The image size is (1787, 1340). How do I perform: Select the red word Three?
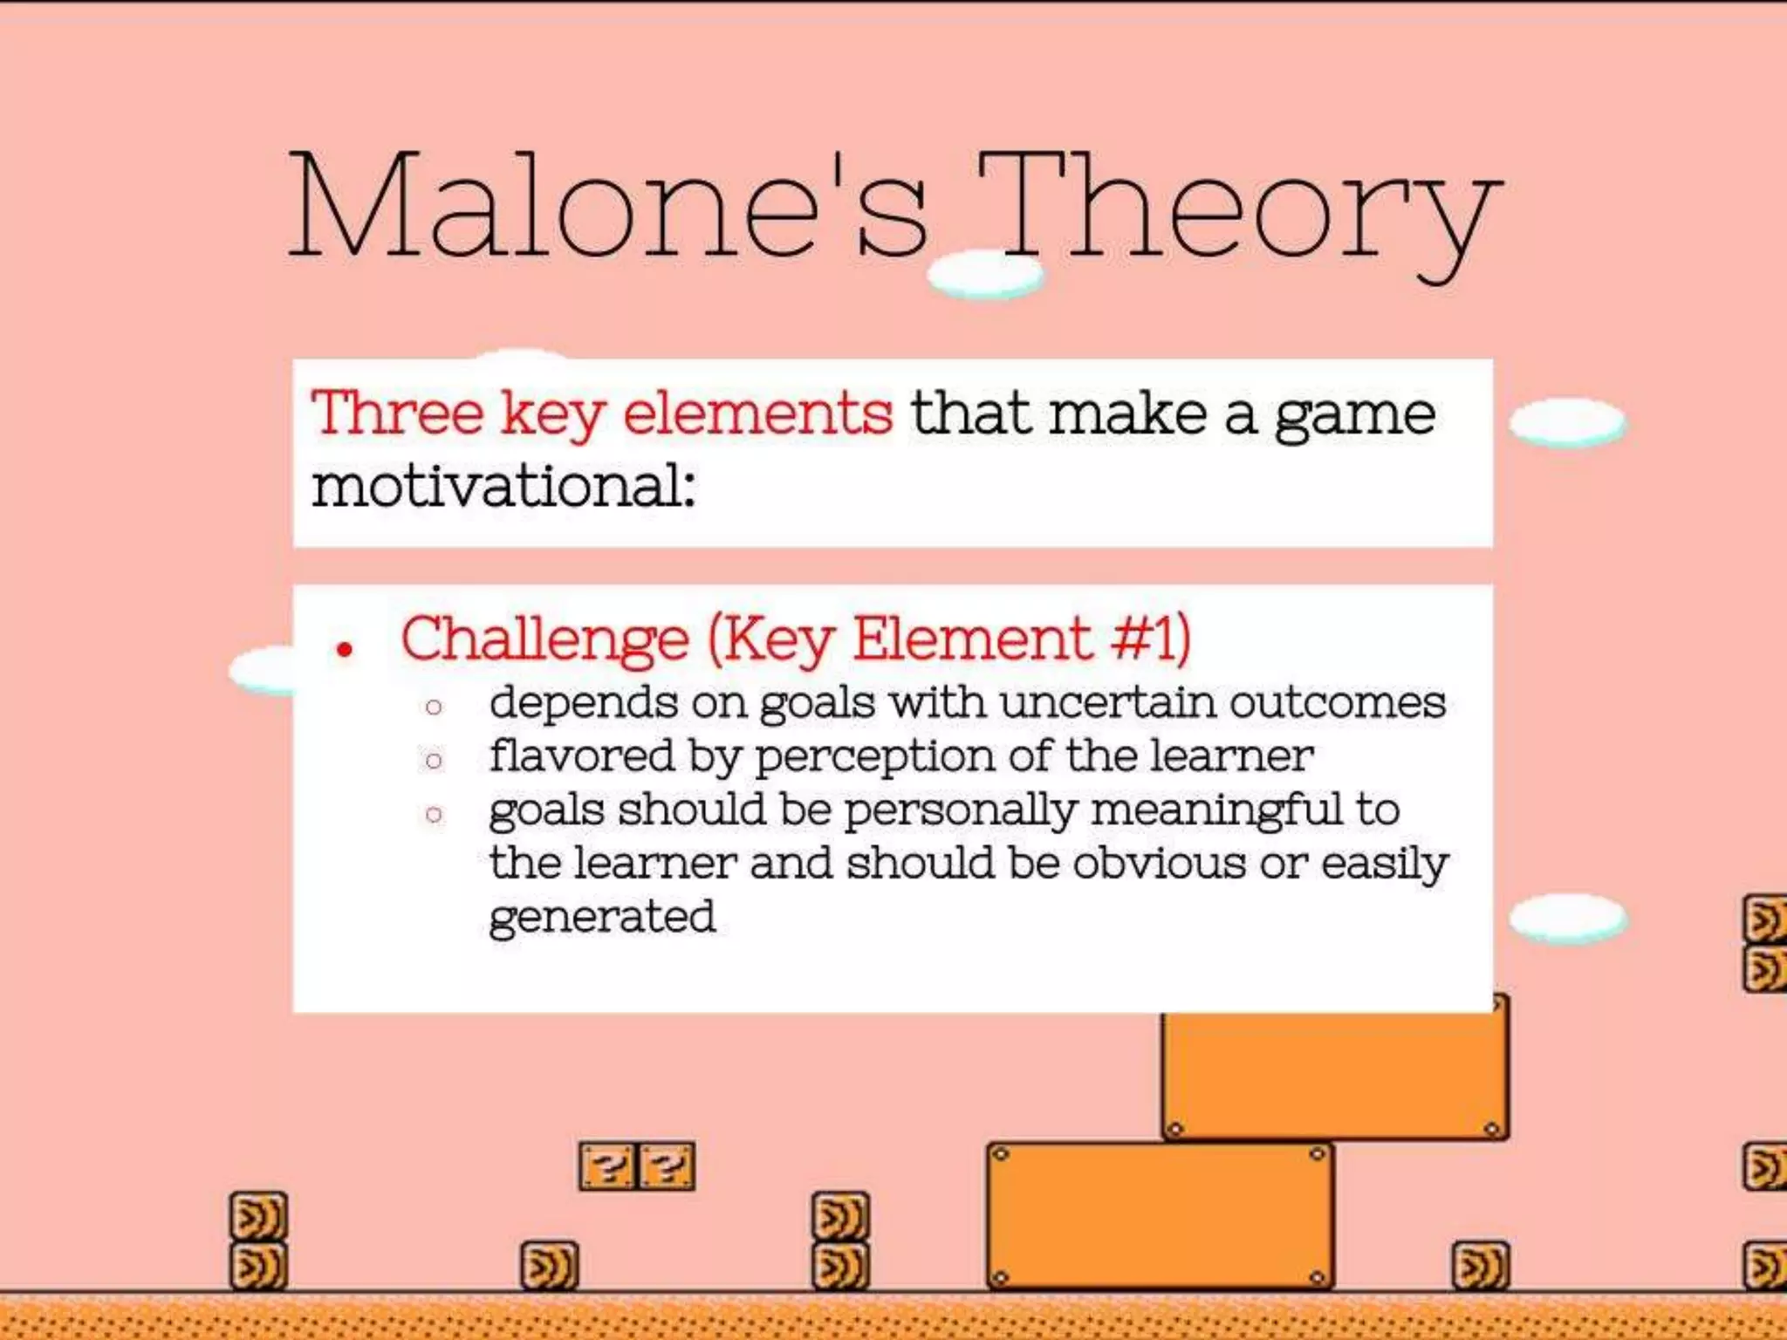[x=398, y=414]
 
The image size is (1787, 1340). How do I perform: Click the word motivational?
[x=503, y=486]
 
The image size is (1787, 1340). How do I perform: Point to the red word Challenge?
[x=544, y=640]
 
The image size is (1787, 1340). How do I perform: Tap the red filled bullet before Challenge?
[x=346, y=650]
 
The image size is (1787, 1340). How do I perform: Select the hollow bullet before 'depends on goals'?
[x=434, y=707]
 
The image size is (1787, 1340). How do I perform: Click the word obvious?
[x=1159, y=864]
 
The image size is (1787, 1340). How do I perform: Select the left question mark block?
[x=608, y=1166]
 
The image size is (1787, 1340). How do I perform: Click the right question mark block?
[x=668, y=1166]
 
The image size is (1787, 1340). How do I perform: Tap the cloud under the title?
[x=985, y=275]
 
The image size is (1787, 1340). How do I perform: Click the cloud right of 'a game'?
[x=1567, y=423]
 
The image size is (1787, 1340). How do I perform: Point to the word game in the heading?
[x=1354, y=415]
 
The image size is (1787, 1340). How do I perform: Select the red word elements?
[x=757, y=414]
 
